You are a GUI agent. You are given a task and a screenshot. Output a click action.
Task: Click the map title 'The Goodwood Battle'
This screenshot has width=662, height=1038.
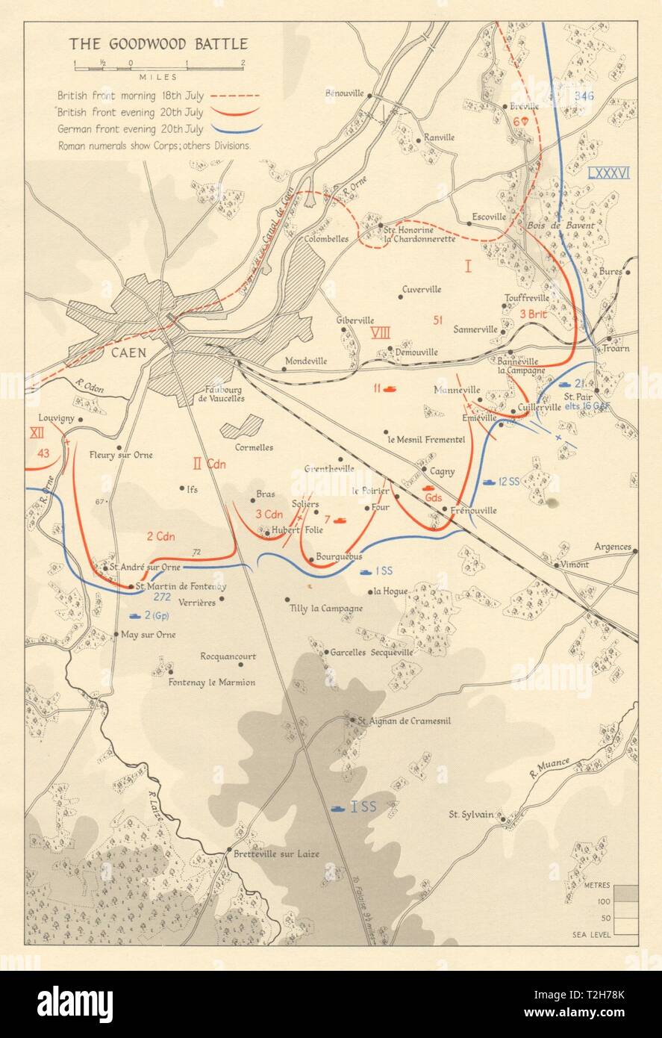click(158, 44)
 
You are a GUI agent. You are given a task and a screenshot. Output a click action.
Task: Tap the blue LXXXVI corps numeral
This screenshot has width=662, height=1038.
click(608, 173)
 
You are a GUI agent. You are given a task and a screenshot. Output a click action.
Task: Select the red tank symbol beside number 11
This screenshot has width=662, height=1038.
click(390, 388)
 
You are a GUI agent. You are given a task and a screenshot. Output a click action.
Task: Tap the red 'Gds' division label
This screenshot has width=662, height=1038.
click(434, 497)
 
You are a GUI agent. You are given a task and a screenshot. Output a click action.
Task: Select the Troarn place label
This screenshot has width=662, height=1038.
click(611, 349)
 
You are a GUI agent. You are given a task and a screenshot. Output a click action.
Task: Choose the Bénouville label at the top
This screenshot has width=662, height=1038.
click(344, 93)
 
